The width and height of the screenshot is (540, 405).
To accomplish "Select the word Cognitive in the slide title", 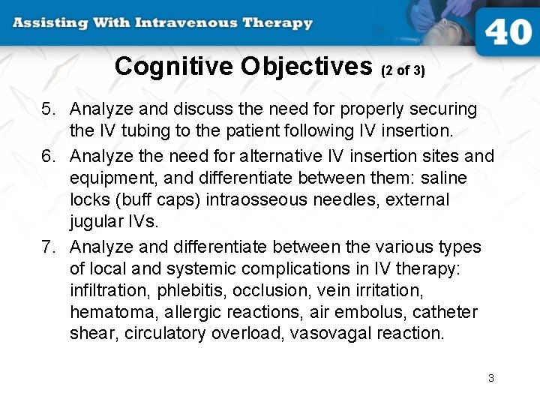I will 175,67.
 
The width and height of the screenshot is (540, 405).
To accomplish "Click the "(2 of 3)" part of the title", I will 403,70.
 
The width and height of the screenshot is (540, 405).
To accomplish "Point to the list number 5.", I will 48,109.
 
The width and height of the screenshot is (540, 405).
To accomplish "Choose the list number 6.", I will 48,156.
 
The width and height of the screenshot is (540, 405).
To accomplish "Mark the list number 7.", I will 48,247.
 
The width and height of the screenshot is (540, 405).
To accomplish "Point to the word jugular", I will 97,221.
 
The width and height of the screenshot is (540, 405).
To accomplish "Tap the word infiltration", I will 109,290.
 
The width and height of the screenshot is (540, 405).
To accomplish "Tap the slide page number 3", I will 491,378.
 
